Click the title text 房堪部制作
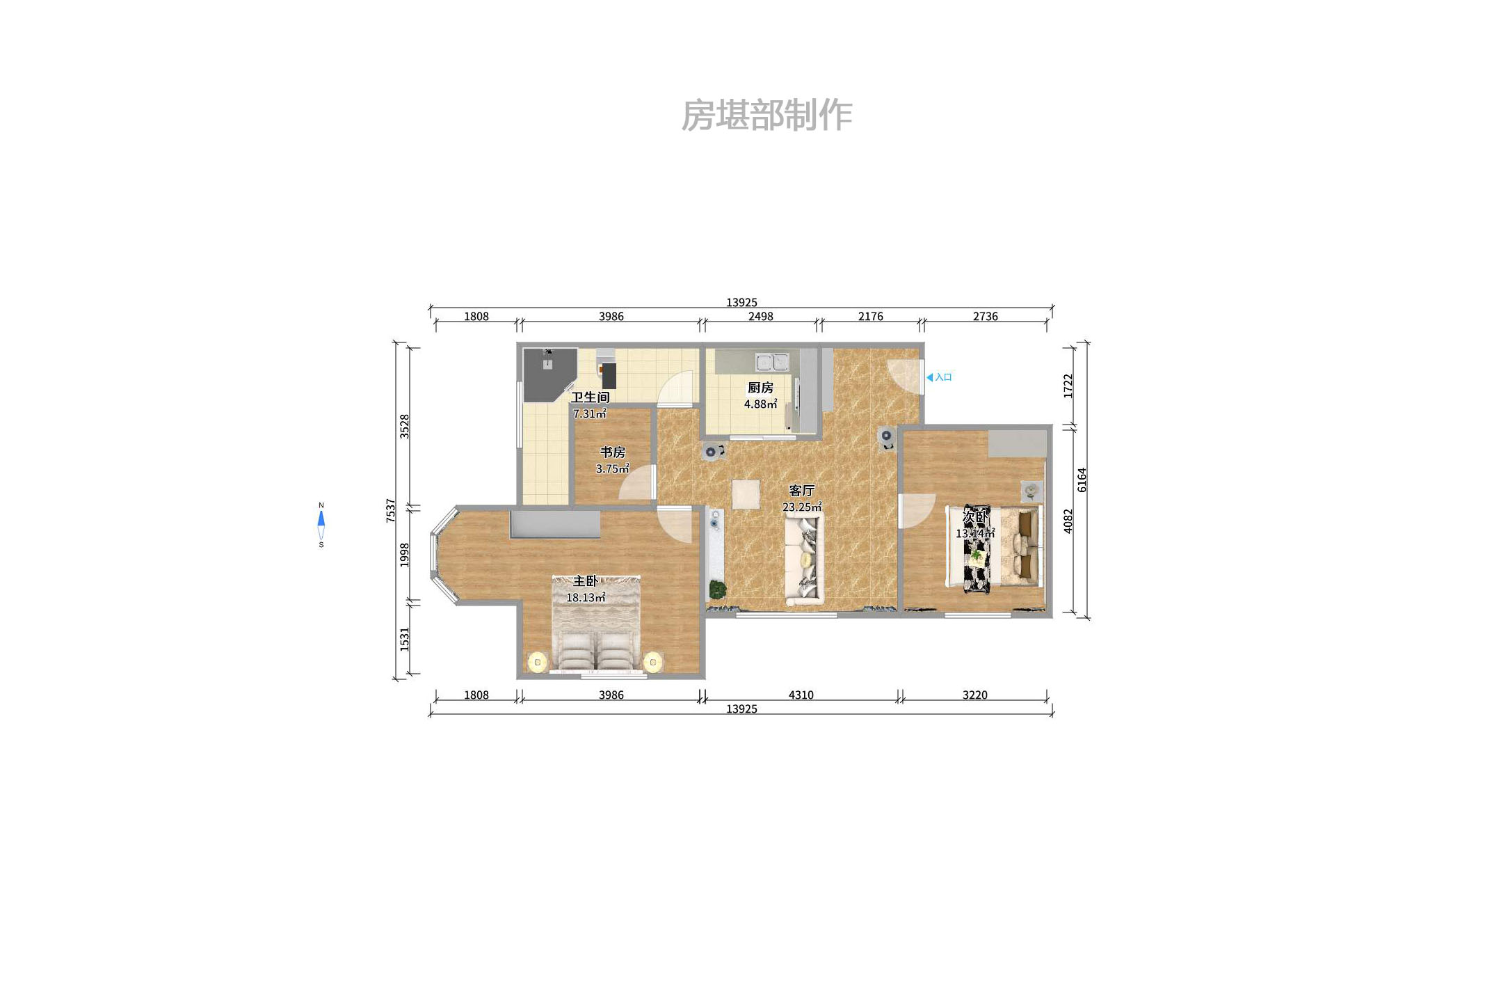(766, 115)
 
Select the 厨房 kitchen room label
(760, 388)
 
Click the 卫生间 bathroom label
(590, 397)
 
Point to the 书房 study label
(613, 452)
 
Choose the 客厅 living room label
(801, 491)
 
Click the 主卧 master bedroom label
(585, 580)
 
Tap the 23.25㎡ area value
(801, 507)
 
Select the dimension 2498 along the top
(760, 316)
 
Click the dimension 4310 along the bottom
(801, 695)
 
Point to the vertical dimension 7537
(391, 510)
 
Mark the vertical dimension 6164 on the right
(1082, 480)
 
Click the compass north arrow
(321, 519)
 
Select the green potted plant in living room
(717, 590)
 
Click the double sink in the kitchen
(772, 362)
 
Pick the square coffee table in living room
(746, 495)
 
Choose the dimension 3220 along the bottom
(974, 695)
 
